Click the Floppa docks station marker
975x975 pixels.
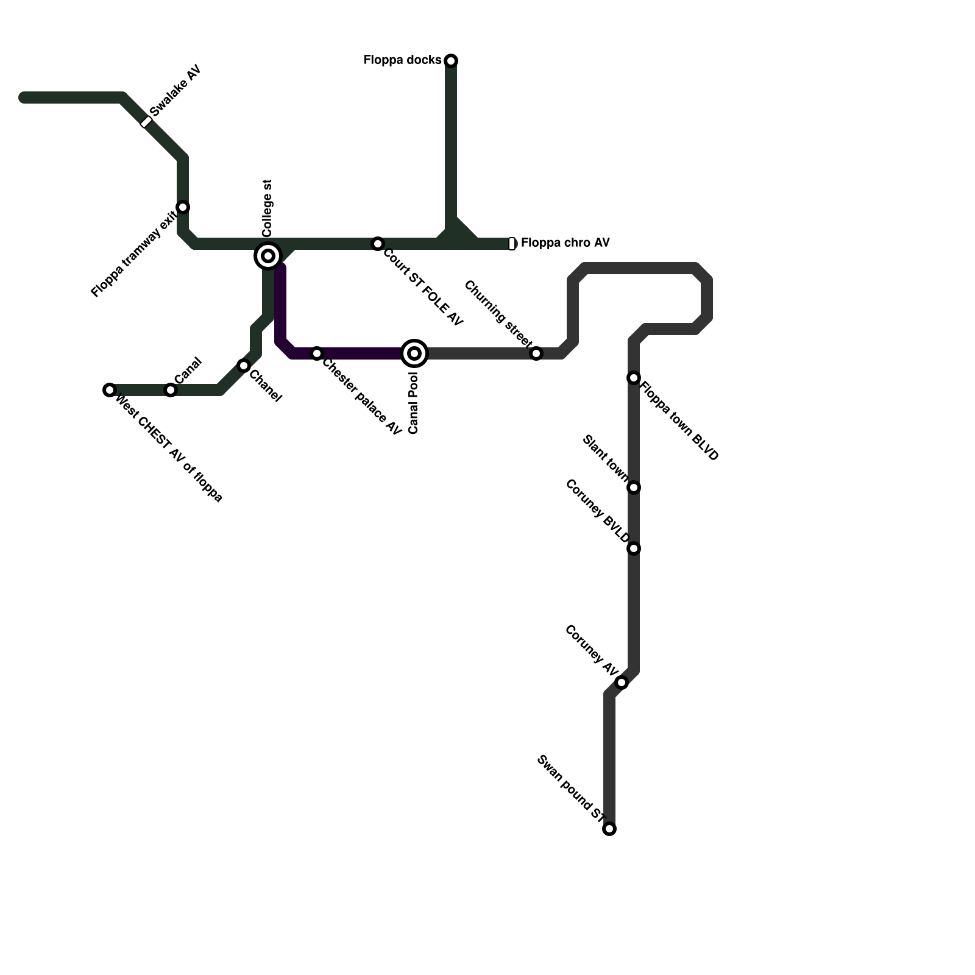click(451, 60)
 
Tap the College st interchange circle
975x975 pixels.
click(268, 256)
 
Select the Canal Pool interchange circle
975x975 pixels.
click(414, 353)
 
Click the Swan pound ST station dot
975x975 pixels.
click(609, 829)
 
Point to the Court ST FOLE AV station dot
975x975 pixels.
click(378, 244)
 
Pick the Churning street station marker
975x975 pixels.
click(536, 353)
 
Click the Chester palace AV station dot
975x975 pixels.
click(317, 353)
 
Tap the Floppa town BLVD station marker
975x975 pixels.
click(634, 378)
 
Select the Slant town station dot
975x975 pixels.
click(634, 487)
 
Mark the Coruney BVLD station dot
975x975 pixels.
click(634, 548)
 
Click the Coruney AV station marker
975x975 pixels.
click(622, 682)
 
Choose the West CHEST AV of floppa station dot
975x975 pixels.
click(110, 390)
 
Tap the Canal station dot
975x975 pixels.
click(171, 390)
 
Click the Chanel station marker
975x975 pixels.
click(244, 366)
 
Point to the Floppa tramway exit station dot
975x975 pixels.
click(183, 207)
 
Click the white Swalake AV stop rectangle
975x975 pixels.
click(146, 122)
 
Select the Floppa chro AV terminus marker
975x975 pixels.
click(512, 244)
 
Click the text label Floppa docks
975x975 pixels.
click(402, 60)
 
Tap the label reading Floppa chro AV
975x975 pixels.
click(565, 243)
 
